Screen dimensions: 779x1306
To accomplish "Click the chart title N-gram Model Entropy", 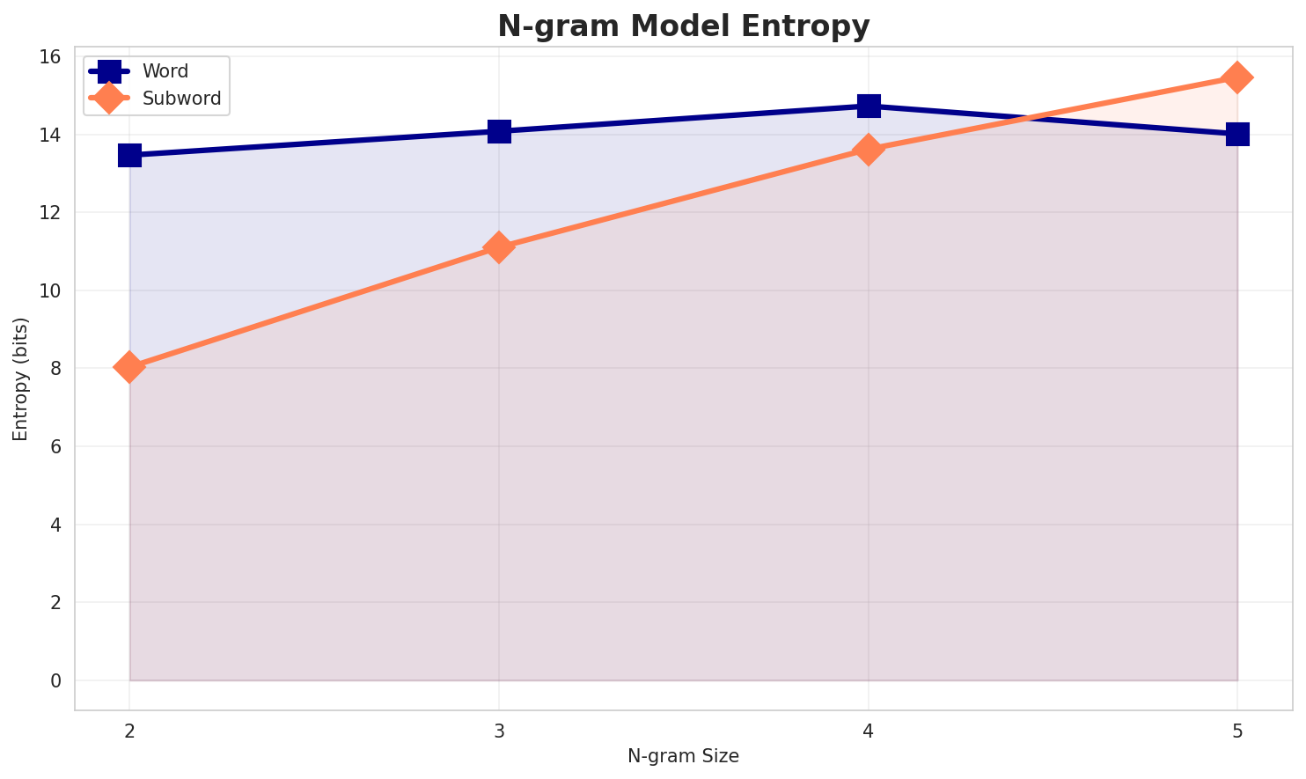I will [x=683, y=26].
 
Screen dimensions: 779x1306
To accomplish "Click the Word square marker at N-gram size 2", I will [x=129, y=155].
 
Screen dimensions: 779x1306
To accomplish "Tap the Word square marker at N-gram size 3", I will [x=499, y=131].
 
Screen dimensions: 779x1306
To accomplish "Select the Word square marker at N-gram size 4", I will [x=869, y=106].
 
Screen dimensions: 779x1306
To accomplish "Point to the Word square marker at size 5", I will [x=1237, y=134].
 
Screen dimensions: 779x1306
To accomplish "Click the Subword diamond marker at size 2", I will [x=129, y=367].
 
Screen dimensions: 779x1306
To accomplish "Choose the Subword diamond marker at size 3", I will [x=499, y=247].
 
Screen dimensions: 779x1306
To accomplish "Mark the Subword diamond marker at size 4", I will [x=869, y=150].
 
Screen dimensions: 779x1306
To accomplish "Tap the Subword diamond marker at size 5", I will [x=1237, y=77].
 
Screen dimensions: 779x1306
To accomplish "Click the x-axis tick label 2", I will [x=129, y=731].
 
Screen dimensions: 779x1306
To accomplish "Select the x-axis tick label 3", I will [x=499, y=731].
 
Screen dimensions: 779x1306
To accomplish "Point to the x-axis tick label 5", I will [x=1237, y=731].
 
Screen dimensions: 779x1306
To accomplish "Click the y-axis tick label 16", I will [x=49, y=57].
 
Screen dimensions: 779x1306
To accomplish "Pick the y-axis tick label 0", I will [x=55, y=680].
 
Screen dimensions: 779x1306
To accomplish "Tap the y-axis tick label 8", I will [x=55, y=369].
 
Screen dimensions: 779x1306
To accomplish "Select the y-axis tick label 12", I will [x=49, y=213].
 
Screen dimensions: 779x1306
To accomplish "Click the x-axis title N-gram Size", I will [x=683, y=756].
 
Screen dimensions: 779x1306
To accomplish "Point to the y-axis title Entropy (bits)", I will [x=20, y=378].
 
